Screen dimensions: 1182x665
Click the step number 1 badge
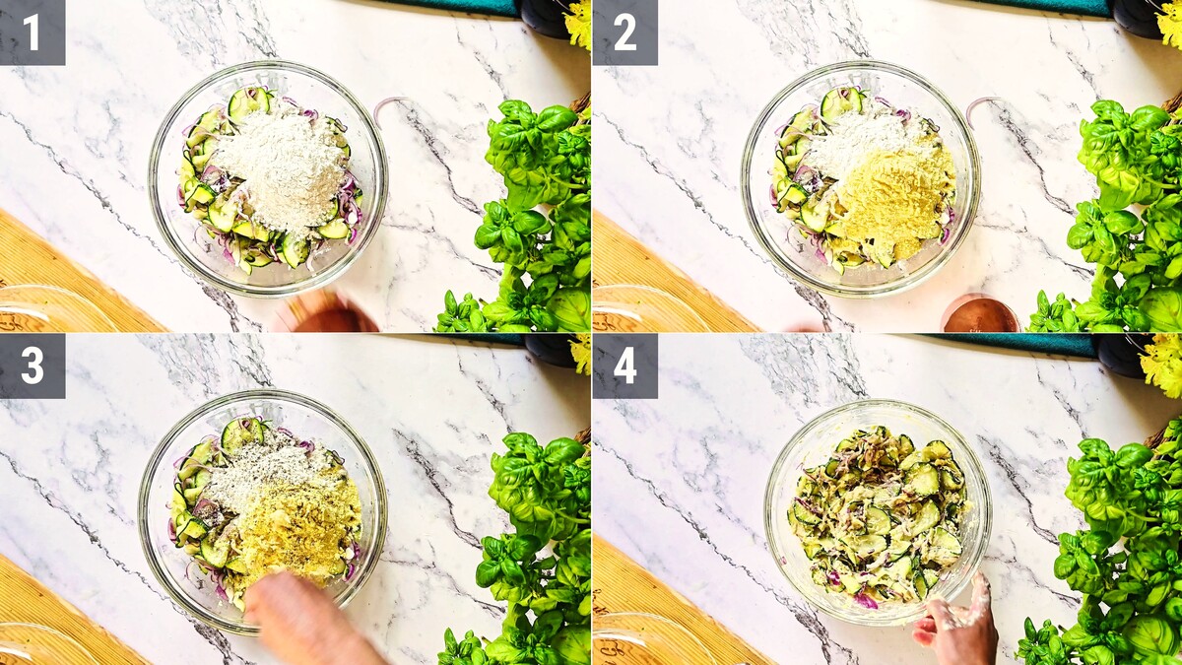pyautogui.click(x=33, y=33)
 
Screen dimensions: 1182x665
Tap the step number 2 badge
pyautogui.click(x=625, y=33)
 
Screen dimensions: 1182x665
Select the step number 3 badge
pyautogui.click(x=33, y=366)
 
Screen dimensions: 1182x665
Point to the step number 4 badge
pyautogui.click(x=625, y=366)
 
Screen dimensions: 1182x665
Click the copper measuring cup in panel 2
pyautogui.click(x=979, y=314)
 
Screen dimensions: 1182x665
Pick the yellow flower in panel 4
pyautogui.click(x=1162, y=365)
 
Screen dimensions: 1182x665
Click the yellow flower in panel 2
pyautogui.click(x=1169, y=24)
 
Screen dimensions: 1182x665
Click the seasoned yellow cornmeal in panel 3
pyautogui.click(x=298, y=533)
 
